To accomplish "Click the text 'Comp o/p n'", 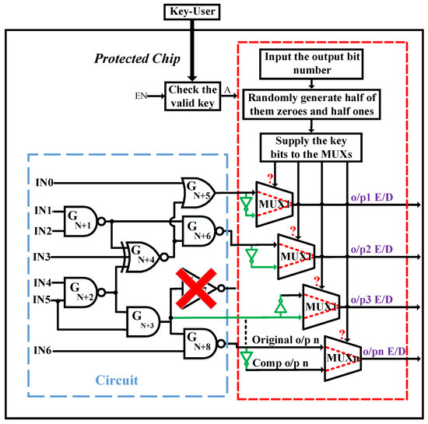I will click(277, 363).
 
